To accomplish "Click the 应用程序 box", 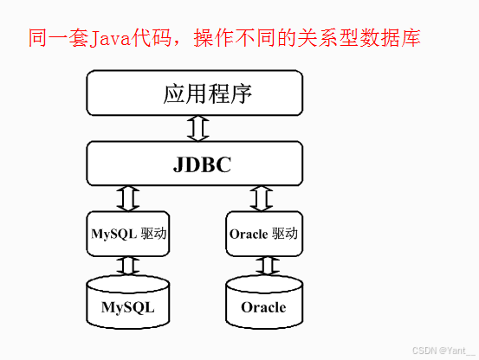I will pos(194,93).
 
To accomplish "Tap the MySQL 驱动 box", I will pos(127,233).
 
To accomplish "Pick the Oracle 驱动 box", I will pos(262,233).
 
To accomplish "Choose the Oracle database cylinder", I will pos(262,303).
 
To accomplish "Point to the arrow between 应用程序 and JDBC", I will pos(198,128).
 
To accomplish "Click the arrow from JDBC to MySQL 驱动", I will pos(127,197).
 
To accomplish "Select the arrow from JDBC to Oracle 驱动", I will pos(261,197).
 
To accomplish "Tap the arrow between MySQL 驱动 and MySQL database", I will pos(127,265).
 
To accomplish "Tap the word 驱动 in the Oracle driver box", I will pos(285,233).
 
